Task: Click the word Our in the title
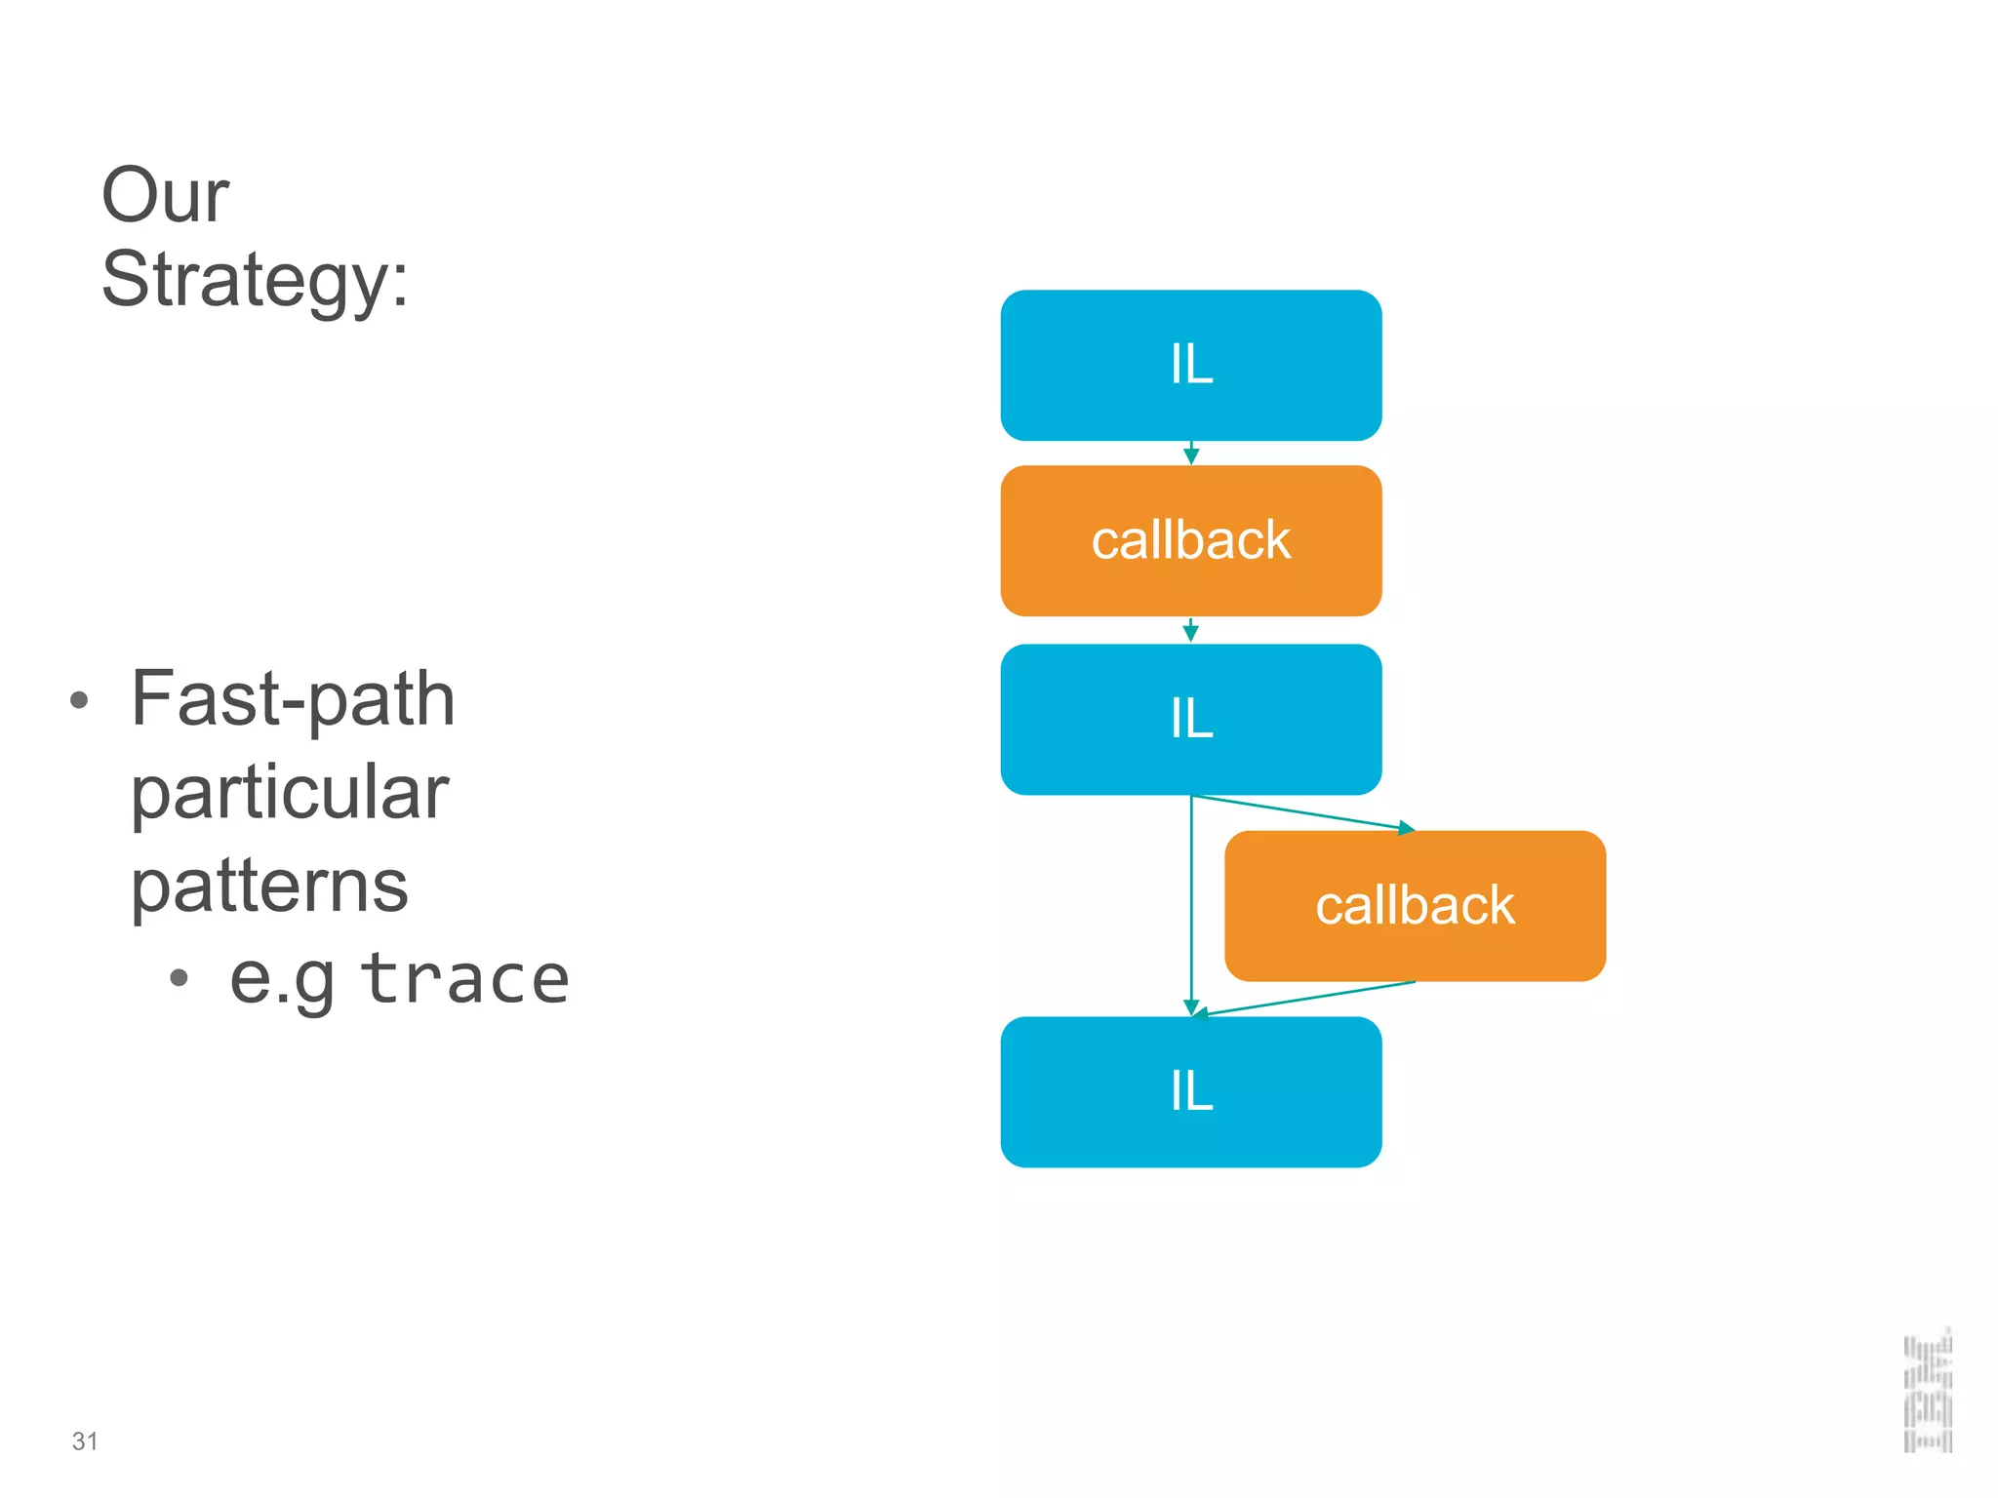165,195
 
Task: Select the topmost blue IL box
1190,365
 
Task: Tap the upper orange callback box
1190,540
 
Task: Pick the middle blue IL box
1190,719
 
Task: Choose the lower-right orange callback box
1415,905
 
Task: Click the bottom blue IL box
1190,1091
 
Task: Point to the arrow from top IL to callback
1190,453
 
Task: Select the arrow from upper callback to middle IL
1190,630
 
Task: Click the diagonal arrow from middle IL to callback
1303,813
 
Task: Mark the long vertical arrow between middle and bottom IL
1190,907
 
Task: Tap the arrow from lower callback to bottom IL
1303,999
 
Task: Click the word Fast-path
293,699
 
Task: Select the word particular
290,792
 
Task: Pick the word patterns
269,886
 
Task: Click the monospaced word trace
464,979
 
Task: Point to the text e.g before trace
282,979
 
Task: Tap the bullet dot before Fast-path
80,700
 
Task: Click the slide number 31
85,1441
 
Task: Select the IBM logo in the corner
1928,1391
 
